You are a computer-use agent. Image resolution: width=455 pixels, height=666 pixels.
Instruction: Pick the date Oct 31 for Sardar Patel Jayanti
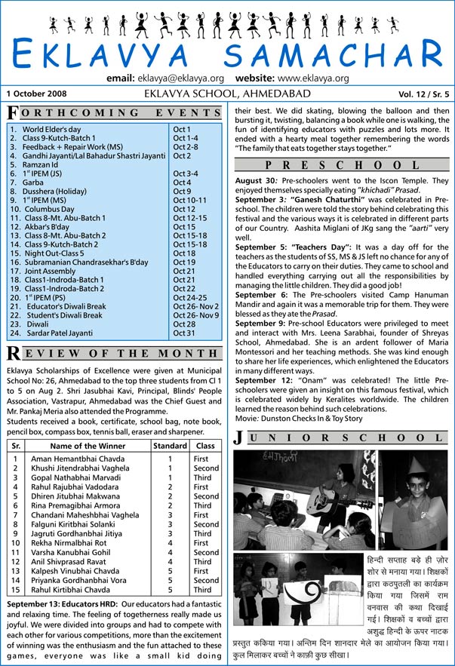point(184,333)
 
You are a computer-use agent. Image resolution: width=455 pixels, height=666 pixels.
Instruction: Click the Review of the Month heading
point(113,354)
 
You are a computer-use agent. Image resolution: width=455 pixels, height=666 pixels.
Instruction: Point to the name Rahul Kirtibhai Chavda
point(72,590)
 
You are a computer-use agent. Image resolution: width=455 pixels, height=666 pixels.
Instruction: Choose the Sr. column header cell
point(15,446)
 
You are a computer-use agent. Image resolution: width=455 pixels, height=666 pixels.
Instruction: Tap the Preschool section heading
point(343,164)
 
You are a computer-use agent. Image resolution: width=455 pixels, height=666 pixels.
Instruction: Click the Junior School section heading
point(343,437)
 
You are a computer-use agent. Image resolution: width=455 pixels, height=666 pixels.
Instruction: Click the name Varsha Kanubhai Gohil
point(69,552)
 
